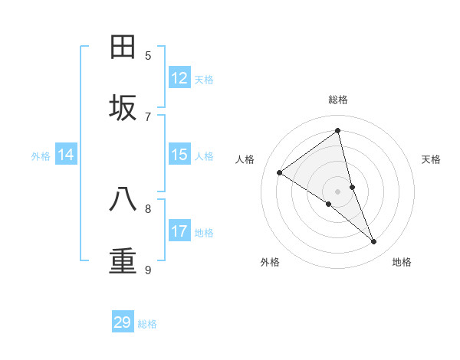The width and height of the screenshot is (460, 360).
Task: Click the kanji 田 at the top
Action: point(123,47)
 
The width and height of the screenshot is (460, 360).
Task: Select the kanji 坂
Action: point(123,108)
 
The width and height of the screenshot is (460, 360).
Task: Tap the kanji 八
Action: point(123,200)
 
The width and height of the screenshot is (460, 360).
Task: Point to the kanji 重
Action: point(123,261)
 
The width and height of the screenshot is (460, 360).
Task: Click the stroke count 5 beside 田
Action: point(148,55)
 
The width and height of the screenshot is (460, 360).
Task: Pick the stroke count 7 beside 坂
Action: point(148,116)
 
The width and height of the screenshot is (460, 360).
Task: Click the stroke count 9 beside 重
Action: point(148,270)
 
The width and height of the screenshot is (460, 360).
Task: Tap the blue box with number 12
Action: point(179,78)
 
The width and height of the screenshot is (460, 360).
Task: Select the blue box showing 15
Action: point(179,155)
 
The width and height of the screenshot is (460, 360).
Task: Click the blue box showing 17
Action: point(179,231)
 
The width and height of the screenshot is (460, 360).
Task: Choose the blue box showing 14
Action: point(66,155)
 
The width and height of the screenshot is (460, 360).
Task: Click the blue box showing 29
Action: point(123,322)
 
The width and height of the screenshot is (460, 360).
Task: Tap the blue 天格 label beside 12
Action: point(204,79)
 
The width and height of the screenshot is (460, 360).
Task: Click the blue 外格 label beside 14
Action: point(41,155)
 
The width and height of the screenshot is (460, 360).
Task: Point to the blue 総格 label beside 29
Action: point(147,323)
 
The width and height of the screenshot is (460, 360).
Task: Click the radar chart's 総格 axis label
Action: point(338,100)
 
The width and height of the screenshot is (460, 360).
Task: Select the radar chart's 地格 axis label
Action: point(402,262)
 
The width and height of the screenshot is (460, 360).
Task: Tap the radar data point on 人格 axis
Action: point(279,172)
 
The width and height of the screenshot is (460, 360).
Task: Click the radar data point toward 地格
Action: point(374,242)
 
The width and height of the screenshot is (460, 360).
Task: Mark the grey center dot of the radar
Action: point(338,191)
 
